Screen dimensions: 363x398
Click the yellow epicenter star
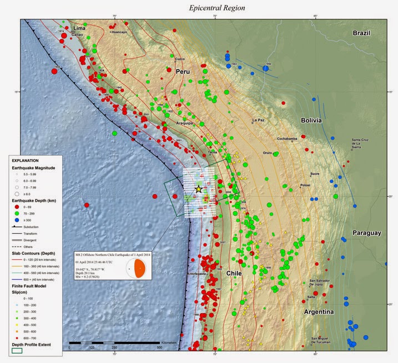tap(198, 189)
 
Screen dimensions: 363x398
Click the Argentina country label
tap(318, 313)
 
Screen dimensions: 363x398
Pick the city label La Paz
tap(258, 120)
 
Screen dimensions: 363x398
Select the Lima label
tap(79, 27)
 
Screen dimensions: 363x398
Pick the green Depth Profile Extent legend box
tap(18, 350)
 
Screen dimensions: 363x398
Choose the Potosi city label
tap(305, 185)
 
